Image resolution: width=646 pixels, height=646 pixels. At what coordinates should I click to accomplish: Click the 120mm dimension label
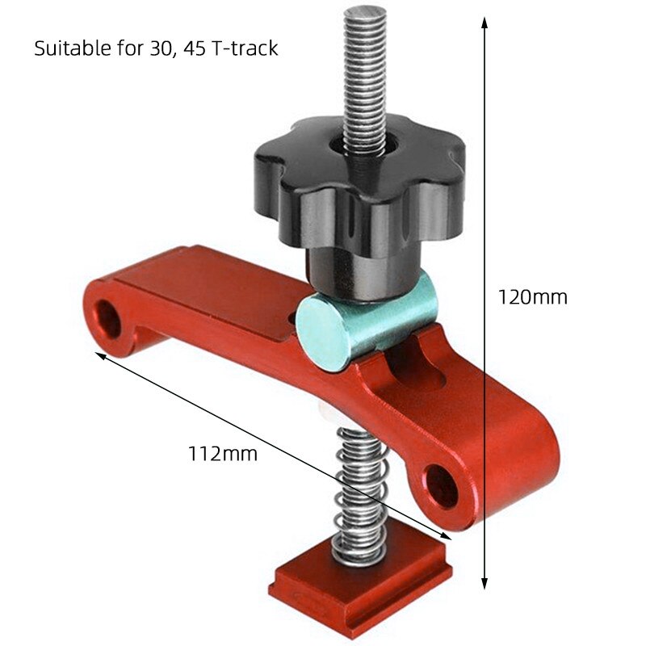[x=532, y=297]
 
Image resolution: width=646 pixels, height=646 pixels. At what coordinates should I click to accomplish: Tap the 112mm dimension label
[x=222, y=454]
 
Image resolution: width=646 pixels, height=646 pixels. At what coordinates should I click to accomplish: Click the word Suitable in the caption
[x=71, y=48]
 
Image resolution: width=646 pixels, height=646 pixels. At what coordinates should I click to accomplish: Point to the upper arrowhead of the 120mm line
[x=484, y=21]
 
